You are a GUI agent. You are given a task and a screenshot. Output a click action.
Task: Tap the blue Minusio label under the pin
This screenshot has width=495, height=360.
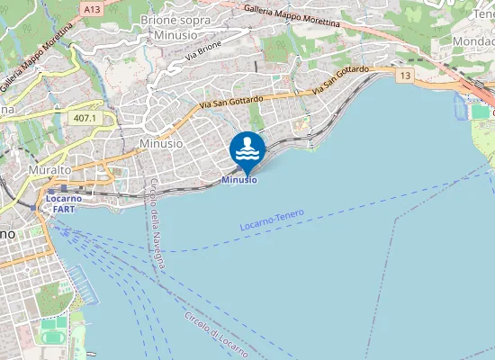point(238,180)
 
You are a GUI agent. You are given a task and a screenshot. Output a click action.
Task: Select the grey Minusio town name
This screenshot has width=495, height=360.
point(161,143)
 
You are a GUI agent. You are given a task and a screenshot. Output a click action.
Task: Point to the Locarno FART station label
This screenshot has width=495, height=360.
point(64,203)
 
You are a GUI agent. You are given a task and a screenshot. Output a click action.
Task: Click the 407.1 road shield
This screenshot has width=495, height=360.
point(85,118)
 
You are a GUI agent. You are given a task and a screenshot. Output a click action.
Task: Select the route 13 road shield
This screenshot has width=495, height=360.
point(405,76)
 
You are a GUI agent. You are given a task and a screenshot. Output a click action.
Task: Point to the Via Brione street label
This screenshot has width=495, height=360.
point(202,51)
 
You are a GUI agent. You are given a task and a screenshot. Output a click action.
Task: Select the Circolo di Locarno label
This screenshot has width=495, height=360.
point(215,333)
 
